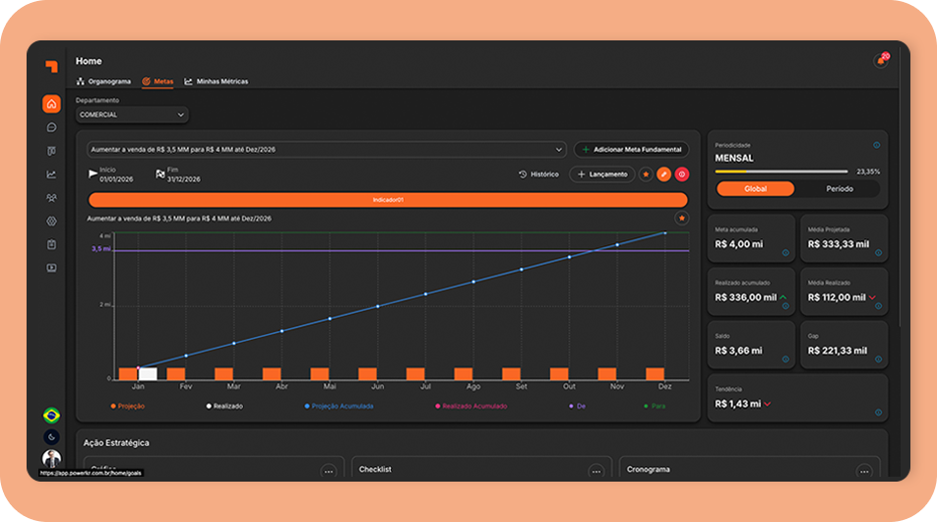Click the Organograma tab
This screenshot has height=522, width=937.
pos(103,82)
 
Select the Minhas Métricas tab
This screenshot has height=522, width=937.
pos(217,82)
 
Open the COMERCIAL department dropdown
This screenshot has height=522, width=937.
pos(132,115)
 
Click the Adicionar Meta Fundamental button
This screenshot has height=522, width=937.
pos(631,150)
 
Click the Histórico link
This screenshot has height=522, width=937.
pos(539,174)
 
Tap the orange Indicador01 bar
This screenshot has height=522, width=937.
pos(388,200)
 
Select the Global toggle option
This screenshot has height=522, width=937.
pos(755,188)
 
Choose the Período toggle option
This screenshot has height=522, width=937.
pos(839,188)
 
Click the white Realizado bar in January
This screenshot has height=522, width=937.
pos(148,373)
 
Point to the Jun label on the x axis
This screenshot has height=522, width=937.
pos(378,387)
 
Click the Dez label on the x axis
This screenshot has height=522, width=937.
pos(664,387)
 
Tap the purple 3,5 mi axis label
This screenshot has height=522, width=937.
pos(100,249)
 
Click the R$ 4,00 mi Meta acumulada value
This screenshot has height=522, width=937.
pos(738,244)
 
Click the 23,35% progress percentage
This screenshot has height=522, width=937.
pos(868,171)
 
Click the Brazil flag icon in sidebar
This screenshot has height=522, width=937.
pos(51,416)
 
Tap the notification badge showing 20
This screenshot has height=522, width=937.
pos(884,57)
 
